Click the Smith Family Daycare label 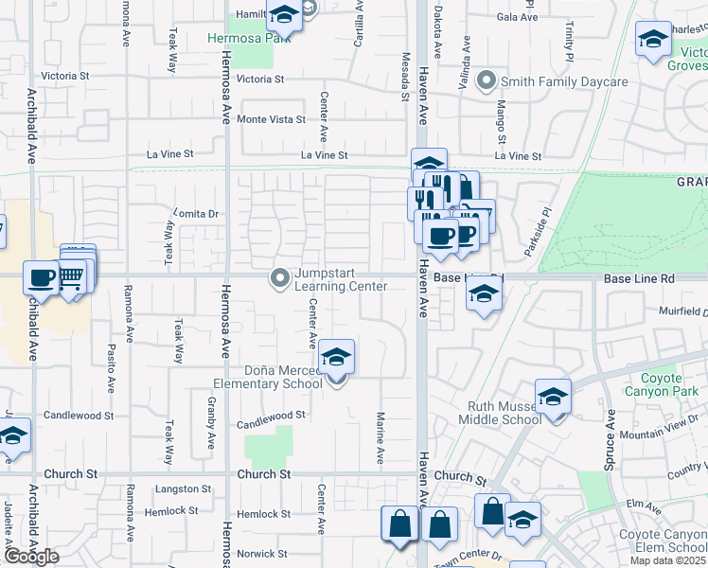[565, 82]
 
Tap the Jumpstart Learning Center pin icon [279, 278]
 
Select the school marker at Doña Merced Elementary [336, 359]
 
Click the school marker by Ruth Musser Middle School [554, 398]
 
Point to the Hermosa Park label [240, 39]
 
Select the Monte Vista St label [271, 119]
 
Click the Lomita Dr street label [197, 214]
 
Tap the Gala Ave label [517, 17]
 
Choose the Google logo [31, 557]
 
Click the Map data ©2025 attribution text [669, 560]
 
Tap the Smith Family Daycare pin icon [487, 80]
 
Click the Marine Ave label [381, 437]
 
